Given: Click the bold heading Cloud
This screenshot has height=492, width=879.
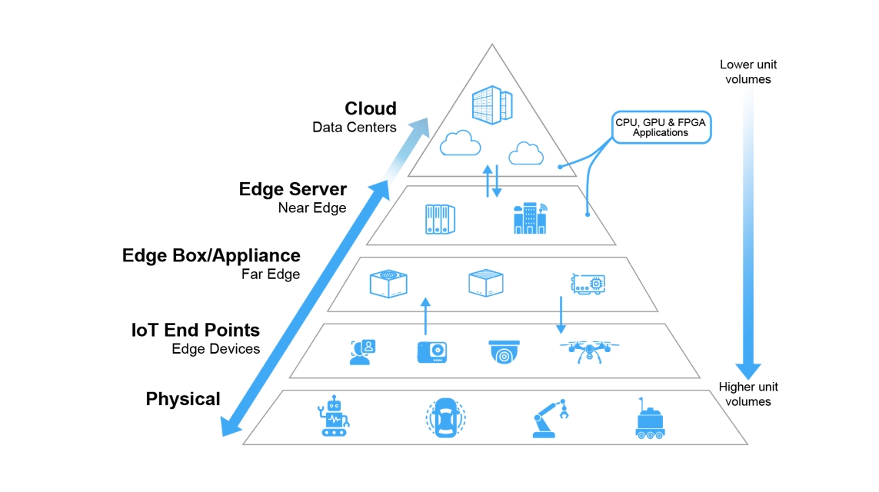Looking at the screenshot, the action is (x=371, y=108).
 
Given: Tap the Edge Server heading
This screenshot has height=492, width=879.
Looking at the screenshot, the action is (x=293, y=189).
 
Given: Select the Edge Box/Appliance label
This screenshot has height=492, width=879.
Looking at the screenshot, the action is (x=211, y=255).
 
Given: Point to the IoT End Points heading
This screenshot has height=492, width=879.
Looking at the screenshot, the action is (x=195, y=330).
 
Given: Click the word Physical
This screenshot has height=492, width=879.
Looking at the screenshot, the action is (x=183, y=399).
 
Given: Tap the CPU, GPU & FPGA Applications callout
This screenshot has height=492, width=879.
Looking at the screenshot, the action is (x=661, y=127).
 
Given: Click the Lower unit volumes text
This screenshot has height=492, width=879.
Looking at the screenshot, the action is (x=748, y=71).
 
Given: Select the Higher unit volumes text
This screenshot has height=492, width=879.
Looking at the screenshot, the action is (x=748, y=394).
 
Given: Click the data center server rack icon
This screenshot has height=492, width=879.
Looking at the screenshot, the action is (x=492, y=105).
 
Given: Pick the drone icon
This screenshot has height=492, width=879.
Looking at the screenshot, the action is (x=589, y=351).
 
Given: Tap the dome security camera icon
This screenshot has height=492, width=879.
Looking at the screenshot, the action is (x=504, y=352).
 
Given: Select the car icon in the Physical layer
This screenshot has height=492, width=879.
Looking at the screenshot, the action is (x=446, y=417).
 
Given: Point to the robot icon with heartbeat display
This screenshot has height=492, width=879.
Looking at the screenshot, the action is (x=334, y=416).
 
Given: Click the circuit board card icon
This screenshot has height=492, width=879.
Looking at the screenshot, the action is (x=588, y=284).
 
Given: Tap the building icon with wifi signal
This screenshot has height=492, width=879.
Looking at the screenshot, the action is (x=531, y=218).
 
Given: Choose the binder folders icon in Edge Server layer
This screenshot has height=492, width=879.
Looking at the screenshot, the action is (x=440, y=219).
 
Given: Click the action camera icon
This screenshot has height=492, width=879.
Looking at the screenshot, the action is (x=432, y=352).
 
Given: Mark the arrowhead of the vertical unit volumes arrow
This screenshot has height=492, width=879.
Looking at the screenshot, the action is (x=748, y=371).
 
